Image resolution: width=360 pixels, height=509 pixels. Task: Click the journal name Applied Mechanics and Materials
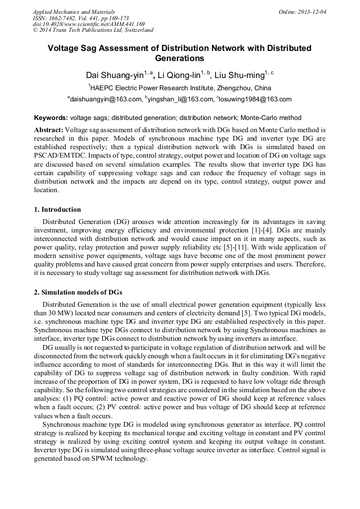pyautogui.click(x=74, y=11)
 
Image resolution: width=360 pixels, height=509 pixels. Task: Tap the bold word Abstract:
pyautogui.click(x=49, y=130)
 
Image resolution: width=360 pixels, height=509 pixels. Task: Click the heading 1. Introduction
pyautogui.click(x=57, y=209)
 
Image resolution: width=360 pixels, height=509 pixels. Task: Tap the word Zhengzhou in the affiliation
pyautogui.click(x=233, y=88)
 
